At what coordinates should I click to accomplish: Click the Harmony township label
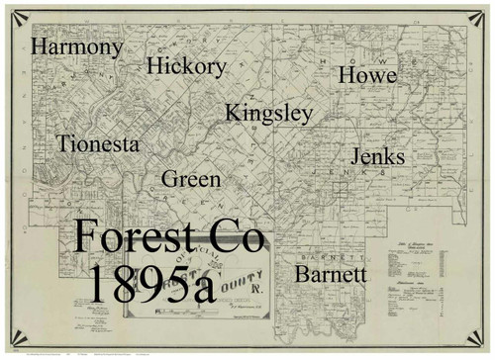click(x=78, y=47)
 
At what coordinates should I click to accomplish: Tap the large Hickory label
click(x=186, y=67)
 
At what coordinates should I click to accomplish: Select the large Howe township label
click(x=367, y=75)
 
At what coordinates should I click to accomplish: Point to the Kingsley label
click(x=268, y=114)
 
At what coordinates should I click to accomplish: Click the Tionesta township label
click(x=98, y=144)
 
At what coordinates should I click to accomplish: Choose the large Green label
click(x=191, y=180)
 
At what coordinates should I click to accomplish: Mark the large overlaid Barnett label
click(x=331, y=274)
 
